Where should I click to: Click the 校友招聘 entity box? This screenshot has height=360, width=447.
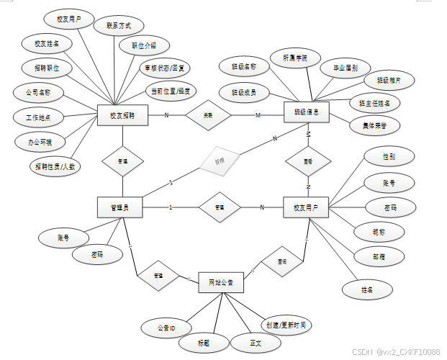[122, 115]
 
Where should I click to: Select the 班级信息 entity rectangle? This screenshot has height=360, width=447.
[307, 113]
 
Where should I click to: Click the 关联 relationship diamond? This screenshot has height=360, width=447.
[207, 114]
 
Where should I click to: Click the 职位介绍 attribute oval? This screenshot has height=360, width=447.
[143, 45]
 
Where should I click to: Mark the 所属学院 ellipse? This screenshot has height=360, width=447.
[295, 56]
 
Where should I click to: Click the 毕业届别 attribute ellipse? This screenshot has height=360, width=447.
[340, 68]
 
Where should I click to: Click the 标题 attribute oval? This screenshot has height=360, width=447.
[204, 342]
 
